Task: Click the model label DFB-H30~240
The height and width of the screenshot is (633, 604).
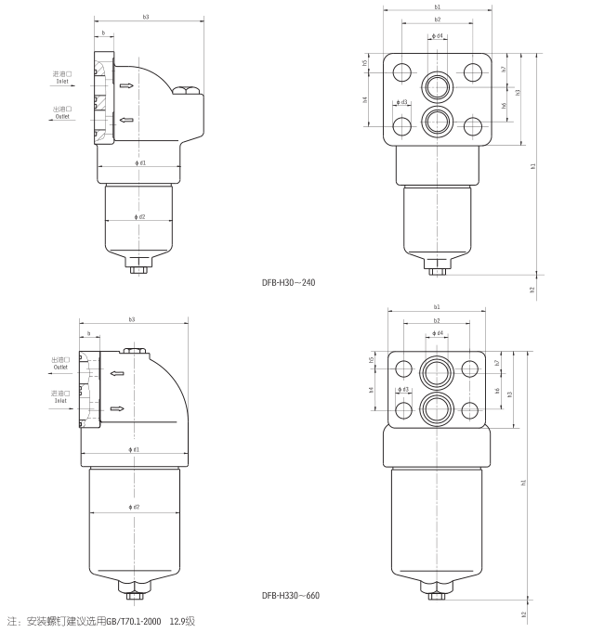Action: coord(289,281)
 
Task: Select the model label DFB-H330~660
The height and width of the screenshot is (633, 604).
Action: coord(291,594)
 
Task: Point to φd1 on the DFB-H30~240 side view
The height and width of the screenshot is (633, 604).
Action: coord(140,163)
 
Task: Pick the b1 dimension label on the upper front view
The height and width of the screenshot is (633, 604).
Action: coord(437,6)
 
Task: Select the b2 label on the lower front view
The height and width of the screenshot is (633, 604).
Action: coord(437,320)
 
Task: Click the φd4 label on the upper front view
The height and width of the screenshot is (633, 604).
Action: coord(437,37)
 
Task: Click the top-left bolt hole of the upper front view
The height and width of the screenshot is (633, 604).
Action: coord(401,71)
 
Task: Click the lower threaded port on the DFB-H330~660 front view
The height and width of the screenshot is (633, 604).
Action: coord(437,407)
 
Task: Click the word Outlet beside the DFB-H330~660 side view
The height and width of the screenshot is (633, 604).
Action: coord(60,367)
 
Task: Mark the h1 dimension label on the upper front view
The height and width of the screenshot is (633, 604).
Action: coord(533,166)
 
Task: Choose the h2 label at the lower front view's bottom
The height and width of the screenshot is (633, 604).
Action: coord(523,614)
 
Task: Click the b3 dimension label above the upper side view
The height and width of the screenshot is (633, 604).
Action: coord(146,17)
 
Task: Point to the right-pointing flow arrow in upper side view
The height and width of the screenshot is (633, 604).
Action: coord(125,86)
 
